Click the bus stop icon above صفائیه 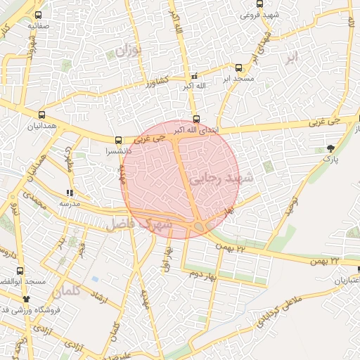click(38, 15)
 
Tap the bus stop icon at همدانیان click(42, 113)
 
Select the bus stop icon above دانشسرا click(119, 139)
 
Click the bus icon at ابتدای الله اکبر click(196, 120)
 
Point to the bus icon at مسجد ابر click(239, 68)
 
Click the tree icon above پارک click(330, 148)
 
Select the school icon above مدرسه click(69, 192)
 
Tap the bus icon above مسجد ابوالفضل click(20, 270)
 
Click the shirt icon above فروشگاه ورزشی click(27, 298)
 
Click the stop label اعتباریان click(344, 281)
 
